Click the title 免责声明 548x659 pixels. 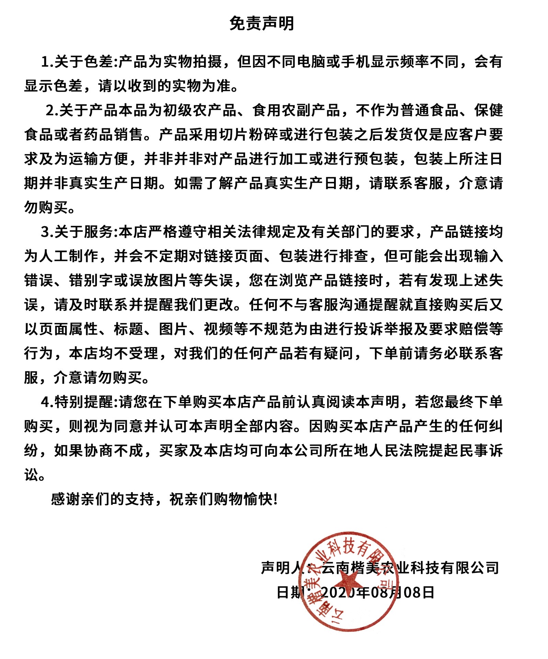tap(262, 24)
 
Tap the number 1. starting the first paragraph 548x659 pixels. tap(47, 62)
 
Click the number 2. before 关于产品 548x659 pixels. tap(52, 111)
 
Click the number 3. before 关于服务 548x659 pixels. tap(47, 232)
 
